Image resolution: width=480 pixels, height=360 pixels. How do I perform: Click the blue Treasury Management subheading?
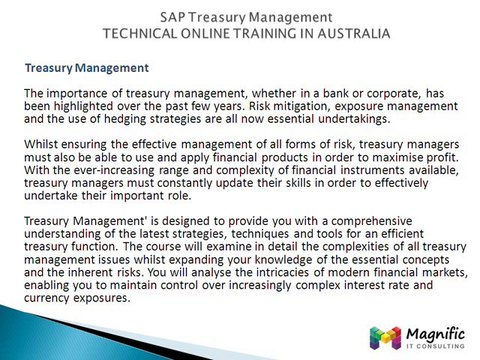pyautogui.click(x=87, y=68)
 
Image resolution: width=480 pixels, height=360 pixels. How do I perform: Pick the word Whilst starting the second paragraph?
pyautogui.click(x=42, y=145)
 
